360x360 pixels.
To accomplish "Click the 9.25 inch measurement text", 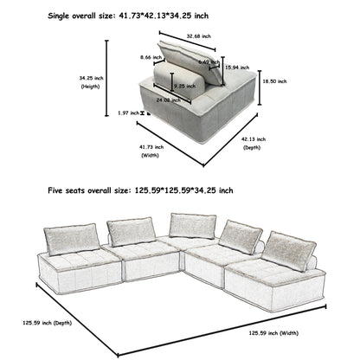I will click(183, 87).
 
